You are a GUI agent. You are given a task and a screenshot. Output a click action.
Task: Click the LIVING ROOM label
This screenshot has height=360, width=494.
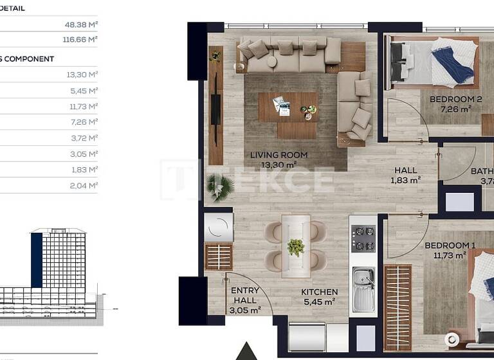(279, 155)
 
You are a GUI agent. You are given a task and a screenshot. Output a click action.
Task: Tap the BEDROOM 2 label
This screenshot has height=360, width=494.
(455, 100)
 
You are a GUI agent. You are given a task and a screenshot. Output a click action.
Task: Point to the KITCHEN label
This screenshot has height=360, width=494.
(319, 292)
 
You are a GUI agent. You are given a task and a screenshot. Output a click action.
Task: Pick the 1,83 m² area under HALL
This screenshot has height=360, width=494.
(405, 181)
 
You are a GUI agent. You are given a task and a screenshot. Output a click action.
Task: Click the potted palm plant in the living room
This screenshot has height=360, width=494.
(220, 188)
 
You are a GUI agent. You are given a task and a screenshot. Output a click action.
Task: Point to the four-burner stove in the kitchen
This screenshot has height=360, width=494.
(362, 239)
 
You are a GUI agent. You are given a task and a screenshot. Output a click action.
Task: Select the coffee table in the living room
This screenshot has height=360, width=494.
(288, 107)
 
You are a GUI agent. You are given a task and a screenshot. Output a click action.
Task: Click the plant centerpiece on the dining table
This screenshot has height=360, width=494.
(296, 246)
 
